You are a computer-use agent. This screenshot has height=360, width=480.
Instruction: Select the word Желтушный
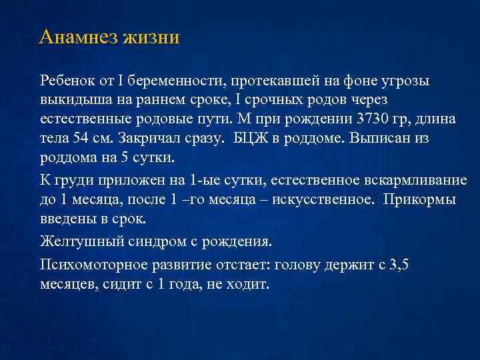coord(77,241)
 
